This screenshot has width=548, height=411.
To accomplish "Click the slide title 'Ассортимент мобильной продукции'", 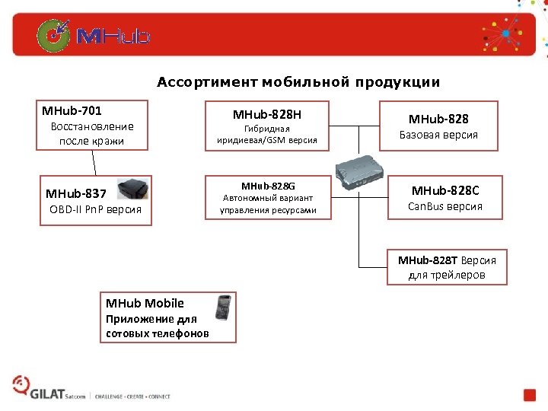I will pyautogui.click(x=298, y=81).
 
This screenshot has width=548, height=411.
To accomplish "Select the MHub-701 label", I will pyautogui.click(x=72, y=110).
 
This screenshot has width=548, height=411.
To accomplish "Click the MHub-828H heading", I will pyautogui.click(x=267, y=115).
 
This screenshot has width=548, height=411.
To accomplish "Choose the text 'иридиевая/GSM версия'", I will pyautogui.click(x=268, y=141).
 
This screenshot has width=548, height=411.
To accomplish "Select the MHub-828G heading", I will pyautogui.click(x=268, y=186).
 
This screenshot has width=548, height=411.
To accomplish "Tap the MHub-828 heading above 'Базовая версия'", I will pyautogui.click(x=438, y=119).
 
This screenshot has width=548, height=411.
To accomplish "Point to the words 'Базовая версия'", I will pyautogui.click(x=438, y=135).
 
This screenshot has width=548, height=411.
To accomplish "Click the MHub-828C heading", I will pyautogui.click(x=446, y=190).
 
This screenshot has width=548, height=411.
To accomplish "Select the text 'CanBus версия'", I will pyautogui.click(x=445, y=206).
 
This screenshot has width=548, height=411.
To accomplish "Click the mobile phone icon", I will pyautogui.click(x=223, y=307).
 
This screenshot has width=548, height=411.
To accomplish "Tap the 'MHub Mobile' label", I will pyautogui.click(x=145, y=303).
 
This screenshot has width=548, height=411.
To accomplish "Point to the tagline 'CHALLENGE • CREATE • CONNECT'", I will pyautogui.click(x=132, y=397).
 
